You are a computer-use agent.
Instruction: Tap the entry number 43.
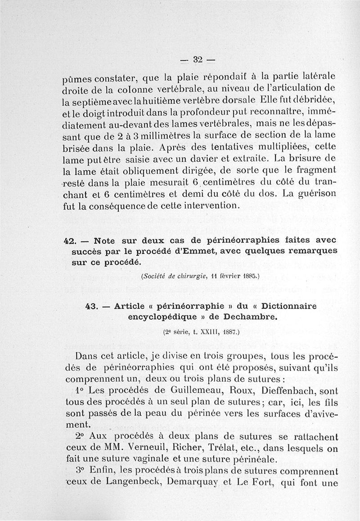pyautogui.click(x=92, y=306)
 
